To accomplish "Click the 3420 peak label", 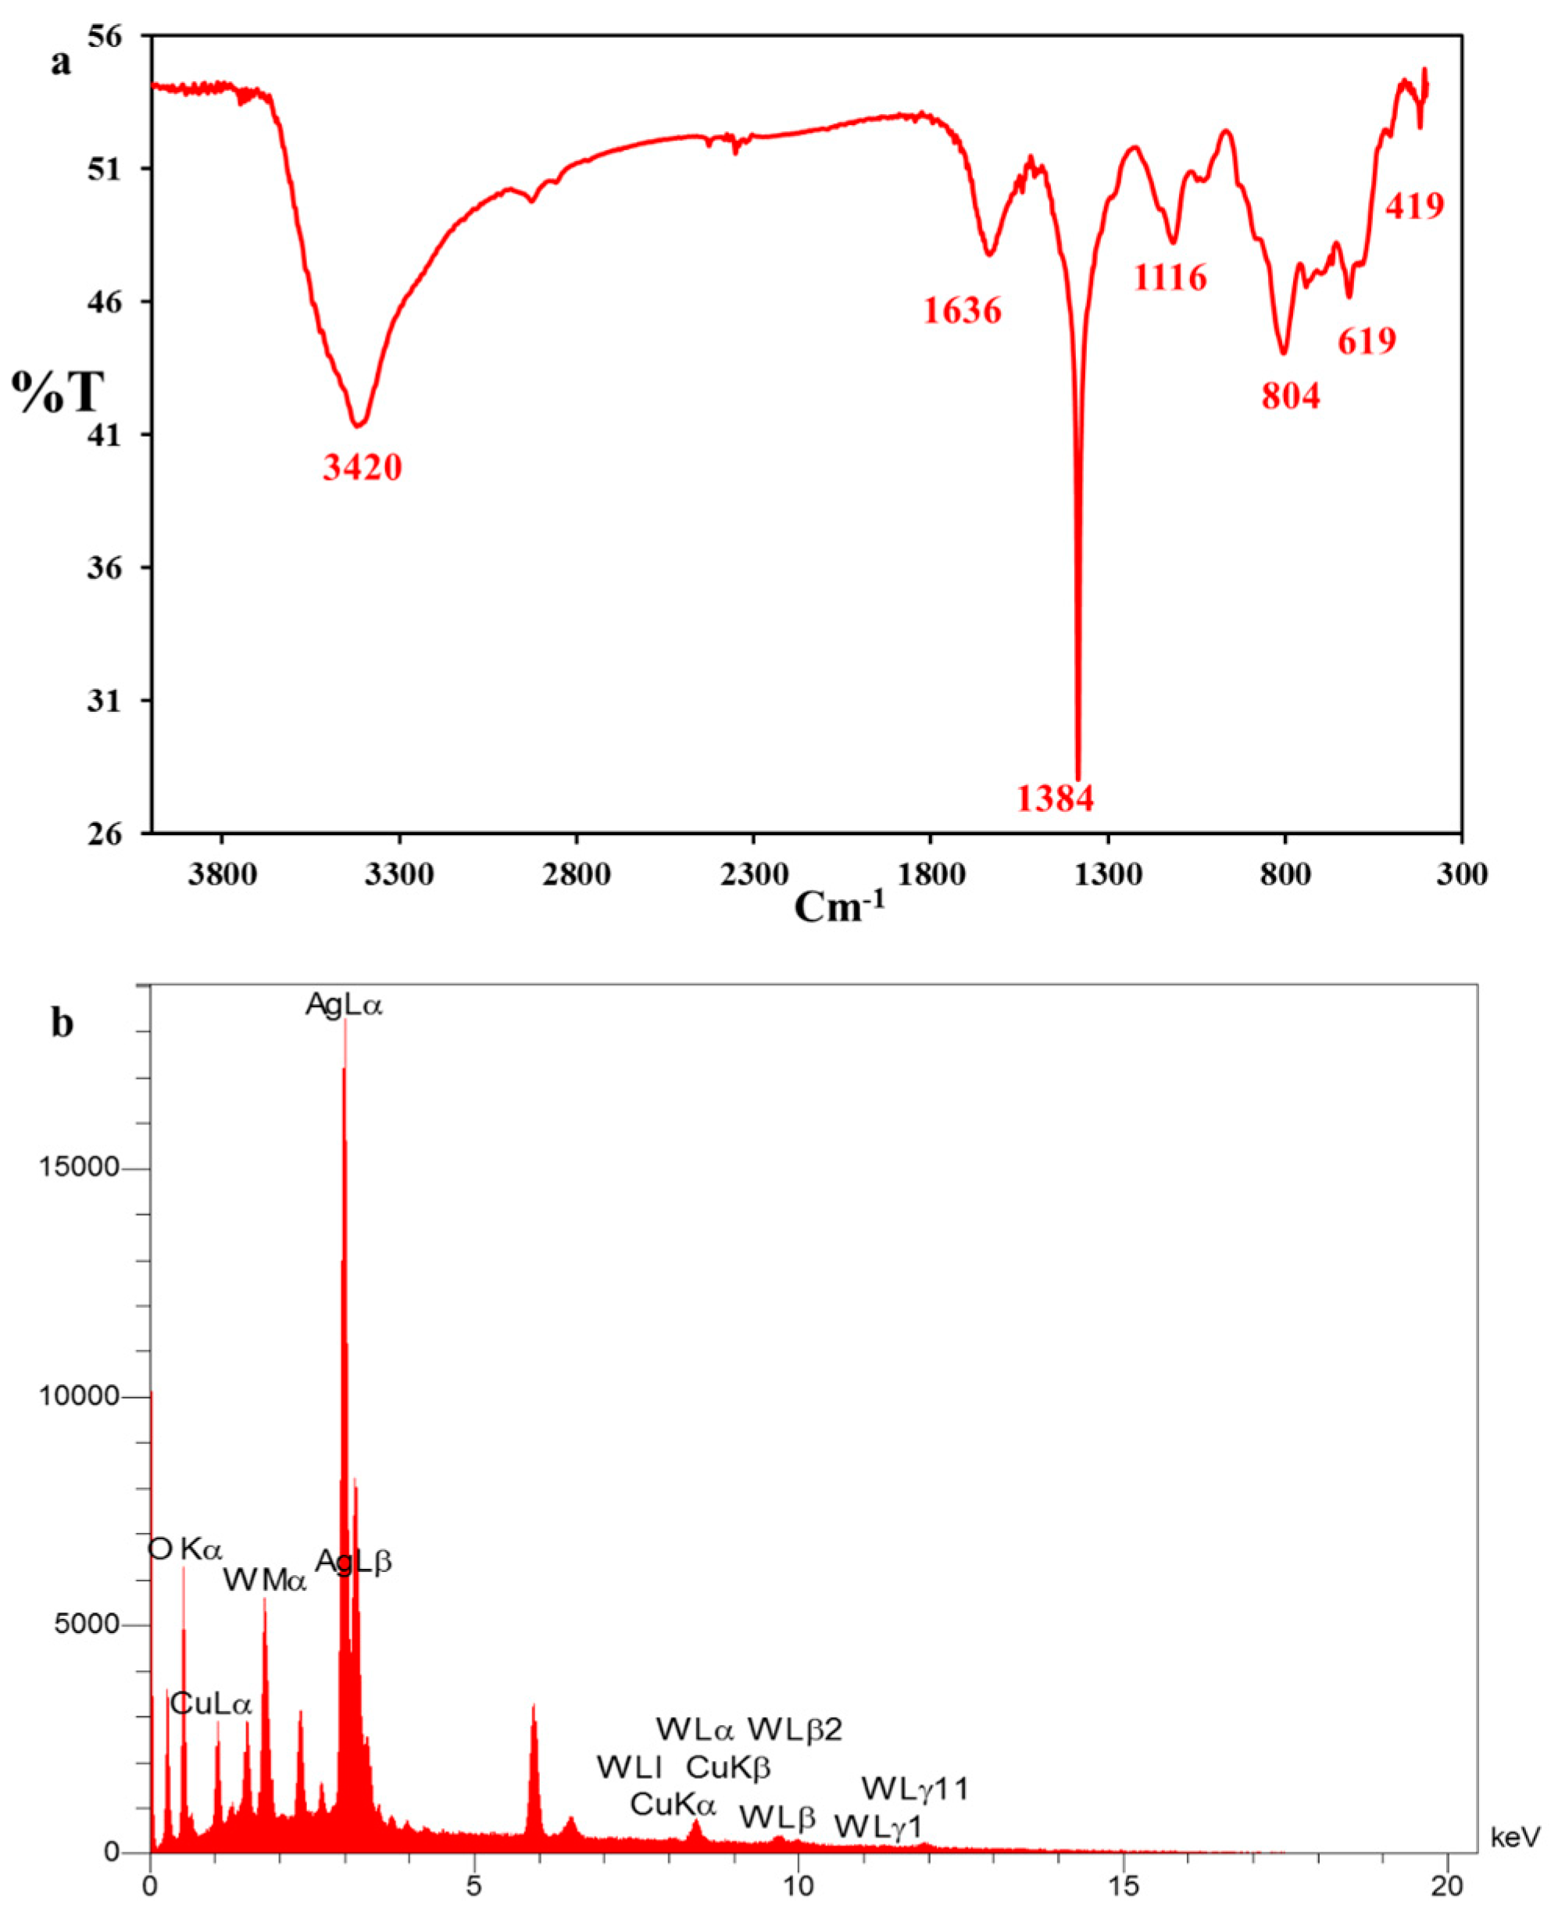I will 363,467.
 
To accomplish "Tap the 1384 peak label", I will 1056,798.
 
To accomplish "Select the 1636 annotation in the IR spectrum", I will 962,312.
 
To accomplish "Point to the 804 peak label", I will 1291,395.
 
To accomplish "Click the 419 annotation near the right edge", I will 1414,206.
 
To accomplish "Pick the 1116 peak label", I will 1170,278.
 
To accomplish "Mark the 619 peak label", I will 1367,341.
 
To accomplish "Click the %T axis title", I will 56,392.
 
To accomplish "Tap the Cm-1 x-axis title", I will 839,907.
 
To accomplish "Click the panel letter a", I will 60,64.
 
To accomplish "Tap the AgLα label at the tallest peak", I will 344,1005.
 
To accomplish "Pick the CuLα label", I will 211,1704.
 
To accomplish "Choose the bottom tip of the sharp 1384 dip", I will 1077,779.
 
